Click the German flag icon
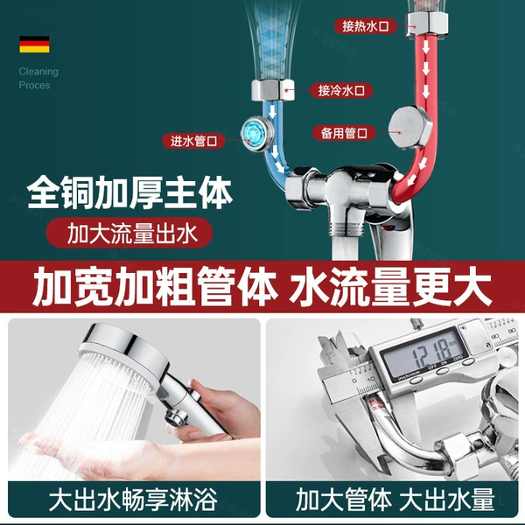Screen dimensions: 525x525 (34, 45)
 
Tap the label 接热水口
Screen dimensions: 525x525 (365, 26)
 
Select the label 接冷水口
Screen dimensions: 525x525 (341, 90)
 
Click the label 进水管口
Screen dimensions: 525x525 (193, 141)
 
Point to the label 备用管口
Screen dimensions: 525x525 (344, 133)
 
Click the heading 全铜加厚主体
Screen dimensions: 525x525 (129, 192)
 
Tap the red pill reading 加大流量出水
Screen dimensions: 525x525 (129, 233)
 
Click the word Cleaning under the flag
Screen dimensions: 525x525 (38, 72)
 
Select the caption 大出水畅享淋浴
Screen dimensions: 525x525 (133, 500)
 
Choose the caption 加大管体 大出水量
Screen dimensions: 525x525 (395, 500)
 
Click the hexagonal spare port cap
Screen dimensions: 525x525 (409, 128)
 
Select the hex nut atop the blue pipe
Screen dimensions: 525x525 (273, 90)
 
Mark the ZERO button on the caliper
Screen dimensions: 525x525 (468, 362)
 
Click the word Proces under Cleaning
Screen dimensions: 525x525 (34, 85)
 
